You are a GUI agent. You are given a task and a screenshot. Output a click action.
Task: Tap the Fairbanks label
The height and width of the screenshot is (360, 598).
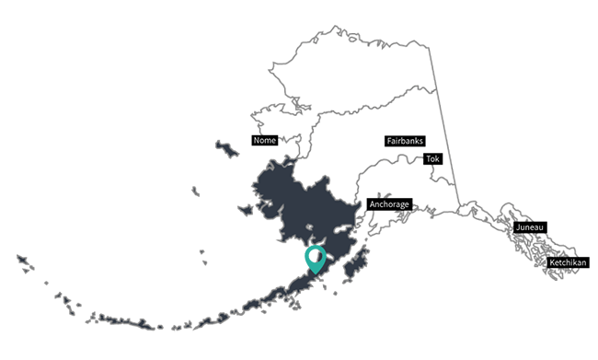[x=405, y=141]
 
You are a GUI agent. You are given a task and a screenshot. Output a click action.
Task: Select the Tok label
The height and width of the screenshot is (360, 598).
[x=432, y=158]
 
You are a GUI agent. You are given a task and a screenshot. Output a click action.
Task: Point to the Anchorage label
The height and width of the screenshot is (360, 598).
[x=388, y=203]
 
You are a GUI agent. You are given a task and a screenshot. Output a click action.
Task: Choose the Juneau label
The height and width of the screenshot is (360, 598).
[x=531, y=226]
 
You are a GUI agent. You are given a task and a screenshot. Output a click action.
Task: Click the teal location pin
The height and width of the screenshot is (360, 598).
[x=316, y=257]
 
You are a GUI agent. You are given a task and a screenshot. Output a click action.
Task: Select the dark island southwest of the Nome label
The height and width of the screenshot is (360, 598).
[x=226, y=148]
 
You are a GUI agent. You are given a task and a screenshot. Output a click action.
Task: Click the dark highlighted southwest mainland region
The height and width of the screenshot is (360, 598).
[x=294, y=203]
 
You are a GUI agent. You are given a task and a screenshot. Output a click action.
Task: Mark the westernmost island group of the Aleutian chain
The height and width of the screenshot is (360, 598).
[x=25, y=261]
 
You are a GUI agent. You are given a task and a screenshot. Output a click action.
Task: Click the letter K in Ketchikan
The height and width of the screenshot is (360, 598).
[x=550, y=263]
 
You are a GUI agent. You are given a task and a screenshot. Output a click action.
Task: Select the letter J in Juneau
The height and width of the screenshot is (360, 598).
[x=519, y=226]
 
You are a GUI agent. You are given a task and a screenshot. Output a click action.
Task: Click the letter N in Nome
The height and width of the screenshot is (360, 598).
[x=256, y=141]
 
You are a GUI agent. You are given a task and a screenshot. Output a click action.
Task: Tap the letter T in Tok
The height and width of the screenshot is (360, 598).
[x=428, y=158]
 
